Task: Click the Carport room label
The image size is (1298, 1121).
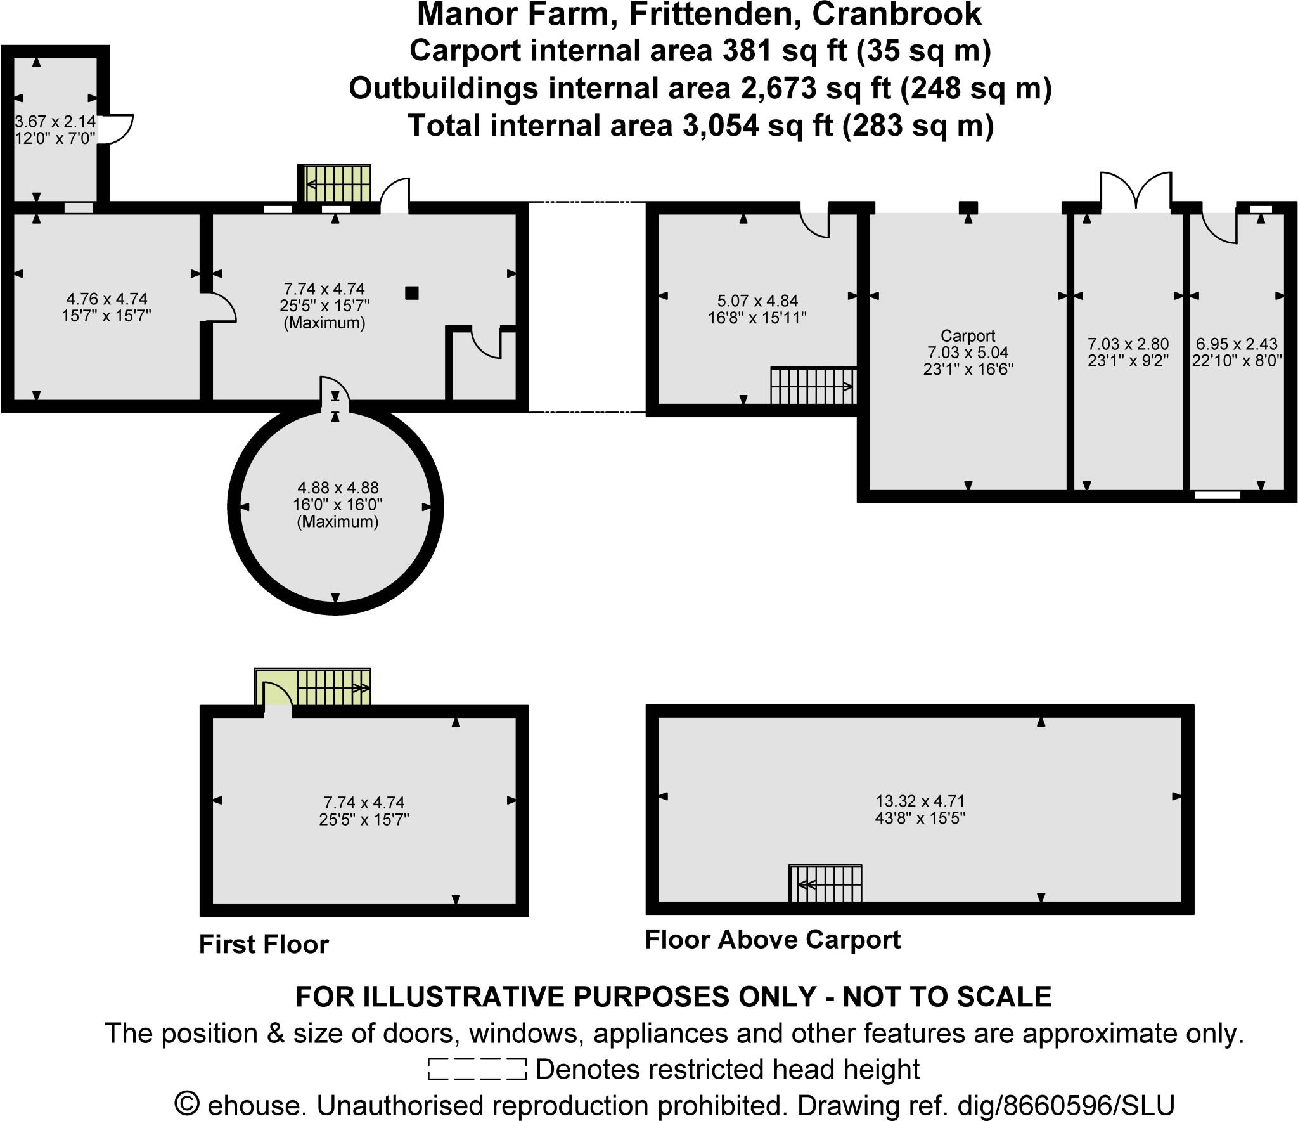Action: tap(967, 335)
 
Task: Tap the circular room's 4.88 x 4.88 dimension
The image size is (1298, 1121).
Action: tap(338, 488)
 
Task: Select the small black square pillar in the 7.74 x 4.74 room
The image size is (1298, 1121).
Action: tap(412, 293)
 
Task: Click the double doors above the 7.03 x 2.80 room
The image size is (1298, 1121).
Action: tap(1135, 189)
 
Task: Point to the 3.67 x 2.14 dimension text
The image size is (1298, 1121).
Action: tap(55, 120)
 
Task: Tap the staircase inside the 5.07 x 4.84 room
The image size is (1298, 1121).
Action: tap(813, 386)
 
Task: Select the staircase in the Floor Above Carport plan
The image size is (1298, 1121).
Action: tap(826, 884)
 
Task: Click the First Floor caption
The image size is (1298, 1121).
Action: tap(264, 944)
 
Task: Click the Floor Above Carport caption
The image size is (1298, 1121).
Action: tap(772, 939)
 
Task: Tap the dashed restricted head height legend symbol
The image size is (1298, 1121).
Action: tap(477, 1069)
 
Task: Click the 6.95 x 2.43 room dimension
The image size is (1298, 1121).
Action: tap(1237, 344)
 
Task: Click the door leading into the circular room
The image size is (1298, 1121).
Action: tap(334, 390)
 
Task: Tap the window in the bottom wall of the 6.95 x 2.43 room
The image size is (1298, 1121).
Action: tap(1217, 495)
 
